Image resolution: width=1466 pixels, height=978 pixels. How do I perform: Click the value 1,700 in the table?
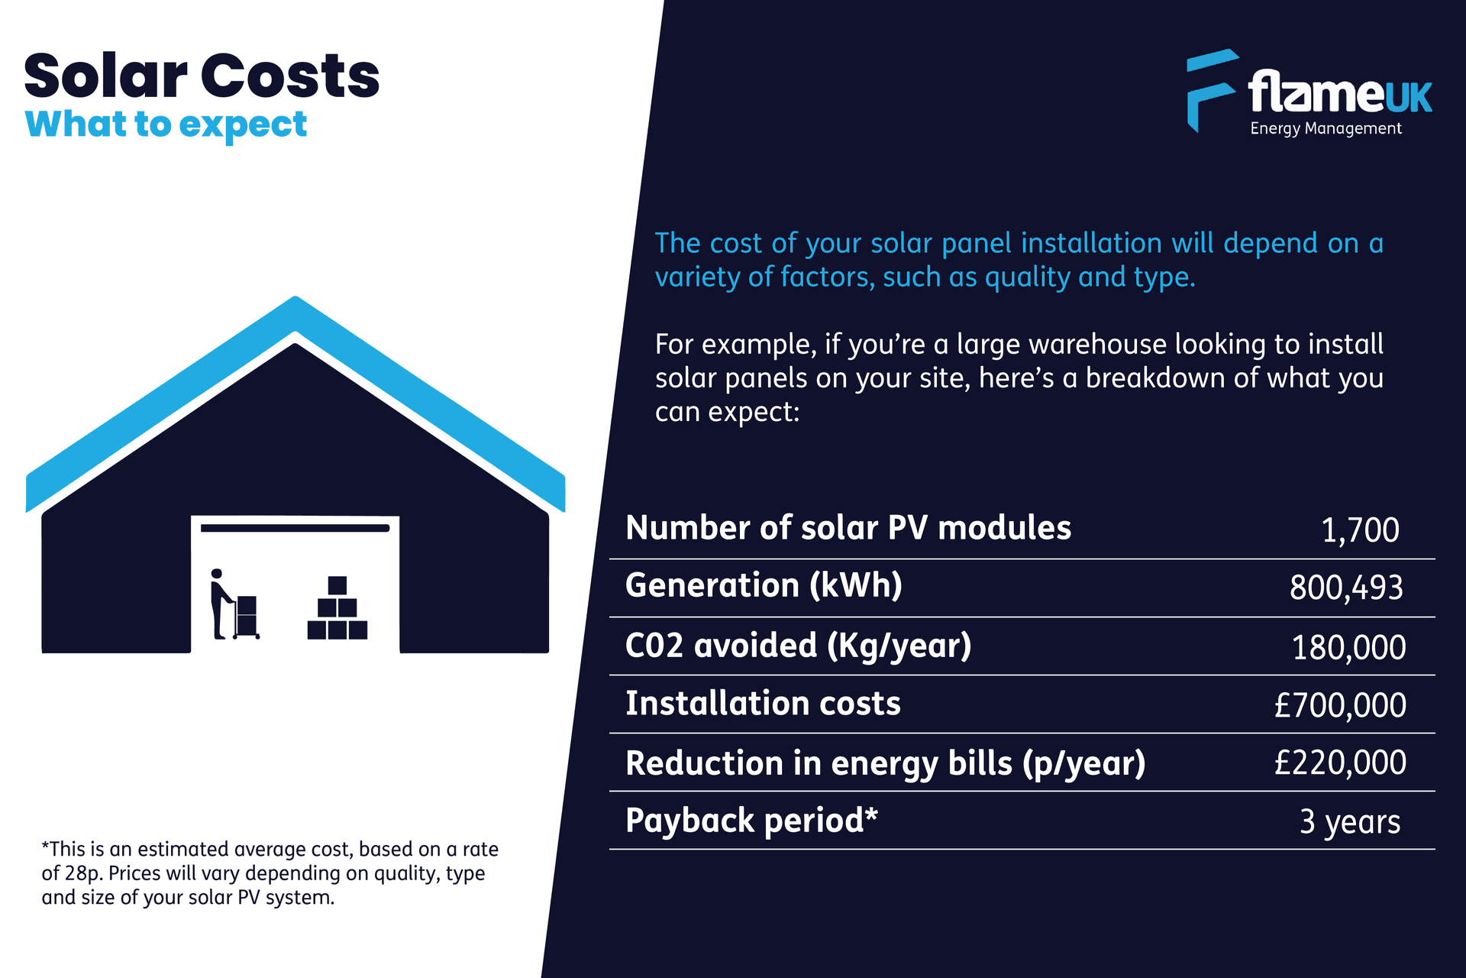(x=1360, y=530)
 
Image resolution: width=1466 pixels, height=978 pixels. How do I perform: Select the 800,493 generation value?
(x=1346, y=588)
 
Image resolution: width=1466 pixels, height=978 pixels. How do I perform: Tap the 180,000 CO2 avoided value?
(x=1348, y=648)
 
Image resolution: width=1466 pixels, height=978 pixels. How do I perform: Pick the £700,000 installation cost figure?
(x=1340, y=705)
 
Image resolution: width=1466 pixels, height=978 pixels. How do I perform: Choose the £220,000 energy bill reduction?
(x=1340, y=763)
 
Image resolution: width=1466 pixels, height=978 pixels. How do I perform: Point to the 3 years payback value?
(x=1350, y=822)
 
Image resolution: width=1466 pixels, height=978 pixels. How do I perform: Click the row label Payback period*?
(x=751, y=821)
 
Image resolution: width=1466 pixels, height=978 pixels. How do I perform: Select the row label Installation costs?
(x=763, y=704)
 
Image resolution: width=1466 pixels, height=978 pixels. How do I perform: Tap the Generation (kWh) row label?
(x=764, y=585)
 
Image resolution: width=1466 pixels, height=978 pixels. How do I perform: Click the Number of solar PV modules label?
(x=848, y=528)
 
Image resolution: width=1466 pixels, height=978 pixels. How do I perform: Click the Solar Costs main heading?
(x=202, y=76)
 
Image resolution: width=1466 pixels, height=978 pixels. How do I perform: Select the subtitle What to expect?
(x=166, y=125)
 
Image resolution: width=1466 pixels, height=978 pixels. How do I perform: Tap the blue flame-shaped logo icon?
(x=1209, y=88)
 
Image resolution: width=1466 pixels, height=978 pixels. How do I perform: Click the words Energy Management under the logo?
(x=1326, y=128)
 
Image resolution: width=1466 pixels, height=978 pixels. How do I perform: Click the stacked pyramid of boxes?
(x=337, y=609)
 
